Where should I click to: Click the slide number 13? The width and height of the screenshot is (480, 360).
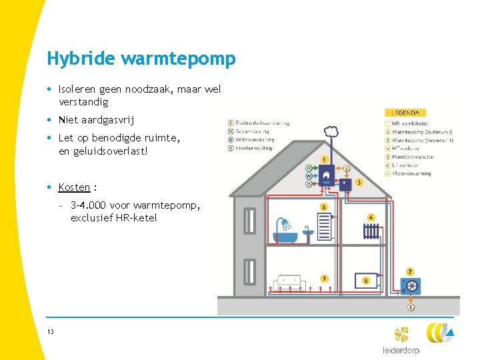tap(51, 331)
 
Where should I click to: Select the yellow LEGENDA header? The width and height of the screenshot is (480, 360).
tap(405, 113)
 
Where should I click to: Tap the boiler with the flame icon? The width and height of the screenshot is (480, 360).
tap(327, 175)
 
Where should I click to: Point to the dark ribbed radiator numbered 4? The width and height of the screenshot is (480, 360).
tap(371, 231)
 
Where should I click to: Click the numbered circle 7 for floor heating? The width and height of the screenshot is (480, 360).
tap(325, 278)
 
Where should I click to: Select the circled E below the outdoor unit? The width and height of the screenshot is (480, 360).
tap(411, 307)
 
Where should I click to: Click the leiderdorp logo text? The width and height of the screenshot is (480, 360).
tap(401, 350)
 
